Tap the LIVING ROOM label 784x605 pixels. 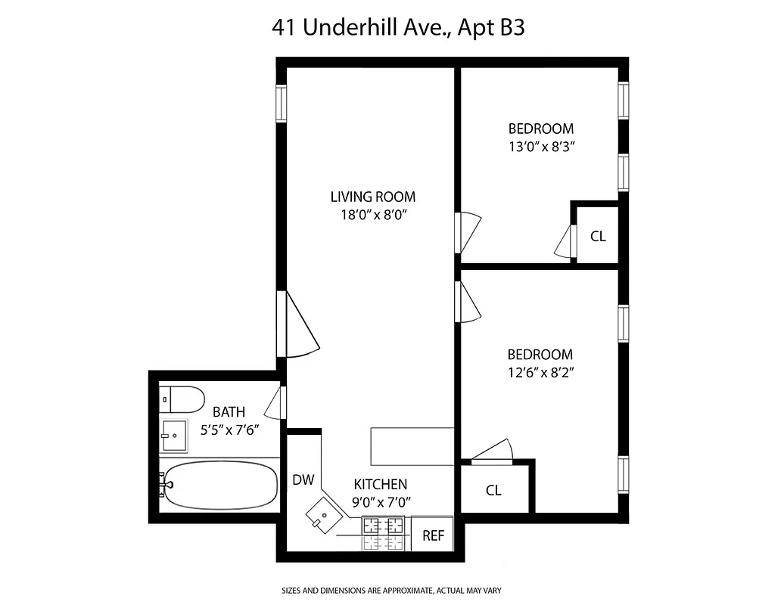point(372,197)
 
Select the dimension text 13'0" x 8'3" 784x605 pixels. point(540,147)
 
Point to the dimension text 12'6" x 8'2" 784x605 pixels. point(540,372)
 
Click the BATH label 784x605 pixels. point(229,412)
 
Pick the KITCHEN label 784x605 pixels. point(381,484)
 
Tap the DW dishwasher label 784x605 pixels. point(303,479)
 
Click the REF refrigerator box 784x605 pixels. point(433,535)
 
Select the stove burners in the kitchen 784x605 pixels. point(384,532)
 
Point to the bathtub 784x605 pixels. point(219,486)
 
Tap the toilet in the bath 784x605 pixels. point(182,399)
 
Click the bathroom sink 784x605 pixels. point(173,436)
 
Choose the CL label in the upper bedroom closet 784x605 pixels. point(598,236)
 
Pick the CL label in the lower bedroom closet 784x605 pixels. point(493,490)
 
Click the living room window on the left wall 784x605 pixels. point(281,103)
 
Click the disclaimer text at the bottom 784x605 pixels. point(392,590)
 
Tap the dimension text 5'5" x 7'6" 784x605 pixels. point(229,430)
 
